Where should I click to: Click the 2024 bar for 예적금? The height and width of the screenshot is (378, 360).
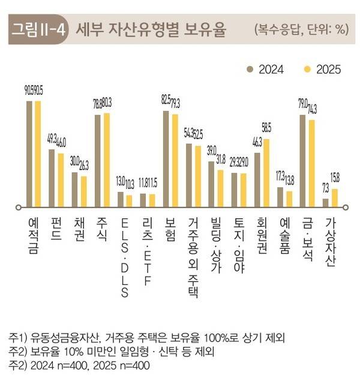tap(29, 154)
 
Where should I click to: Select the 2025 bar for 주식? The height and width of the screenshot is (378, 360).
tap(107, 160)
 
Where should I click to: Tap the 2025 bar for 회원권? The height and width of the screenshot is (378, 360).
tap(266, 173)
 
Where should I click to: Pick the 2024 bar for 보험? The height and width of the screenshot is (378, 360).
tap(166, 158)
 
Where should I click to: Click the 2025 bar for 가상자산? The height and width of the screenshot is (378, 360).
tap(334, 197)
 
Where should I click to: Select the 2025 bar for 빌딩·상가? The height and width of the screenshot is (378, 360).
tap(220, 188)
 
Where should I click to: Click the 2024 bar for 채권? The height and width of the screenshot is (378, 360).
tap(75, 190)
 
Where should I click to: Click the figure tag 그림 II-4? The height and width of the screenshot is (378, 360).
tap(39, 29)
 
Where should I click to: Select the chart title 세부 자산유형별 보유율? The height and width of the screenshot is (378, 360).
tap(151, 29)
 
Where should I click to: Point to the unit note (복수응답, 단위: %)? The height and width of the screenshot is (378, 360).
tap(301, 29)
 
